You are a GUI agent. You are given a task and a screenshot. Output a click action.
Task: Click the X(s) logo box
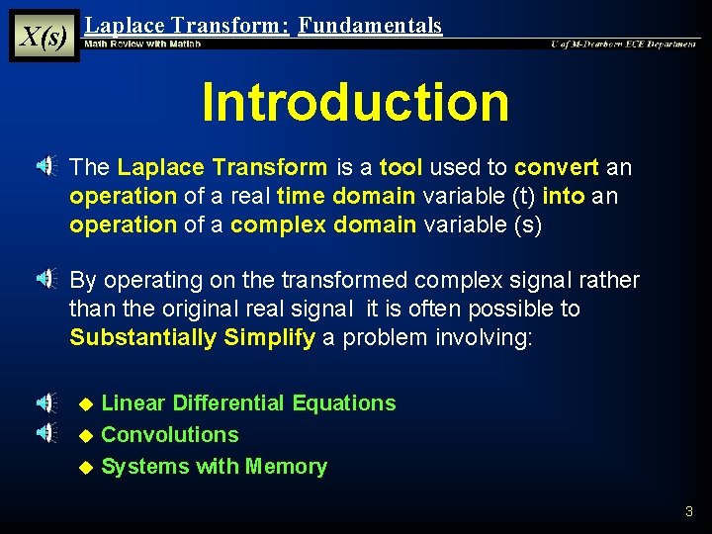tap(44, 37)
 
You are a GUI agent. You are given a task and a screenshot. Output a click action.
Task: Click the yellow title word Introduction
tap(355, 102)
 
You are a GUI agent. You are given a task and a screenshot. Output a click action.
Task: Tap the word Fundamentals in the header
tap(370, 26)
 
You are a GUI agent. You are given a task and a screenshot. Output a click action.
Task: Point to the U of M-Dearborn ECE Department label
tap(623, 44)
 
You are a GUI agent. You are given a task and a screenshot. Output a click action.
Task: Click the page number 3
tap(689, 511)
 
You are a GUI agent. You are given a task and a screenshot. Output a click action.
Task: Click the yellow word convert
tap(557, 168)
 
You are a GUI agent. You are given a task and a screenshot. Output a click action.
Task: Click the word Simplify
tap(270, 337)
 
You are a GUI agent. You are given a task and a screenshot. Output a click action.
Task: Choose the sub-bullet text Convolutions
tap(170, 434)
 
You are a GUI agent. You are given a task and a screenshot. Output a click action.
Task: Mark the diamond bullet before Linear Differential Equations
tap(86, 403)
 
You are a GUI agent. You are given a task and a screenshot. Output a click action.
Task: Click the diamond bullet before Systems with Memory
tap(86, 467)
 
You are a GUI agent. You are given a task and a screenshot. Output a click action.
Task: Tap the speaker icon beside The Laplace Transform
tap(46, 168)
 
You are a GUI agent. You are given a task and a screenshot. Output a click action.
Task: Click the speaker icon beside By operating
tap(46, 281)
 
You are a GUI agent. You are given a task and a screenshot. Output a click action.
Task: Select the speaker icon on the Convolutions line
tap(46, 432)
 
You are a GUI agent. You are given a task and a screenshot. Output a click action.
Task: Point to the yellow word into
tap(564, 197)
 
